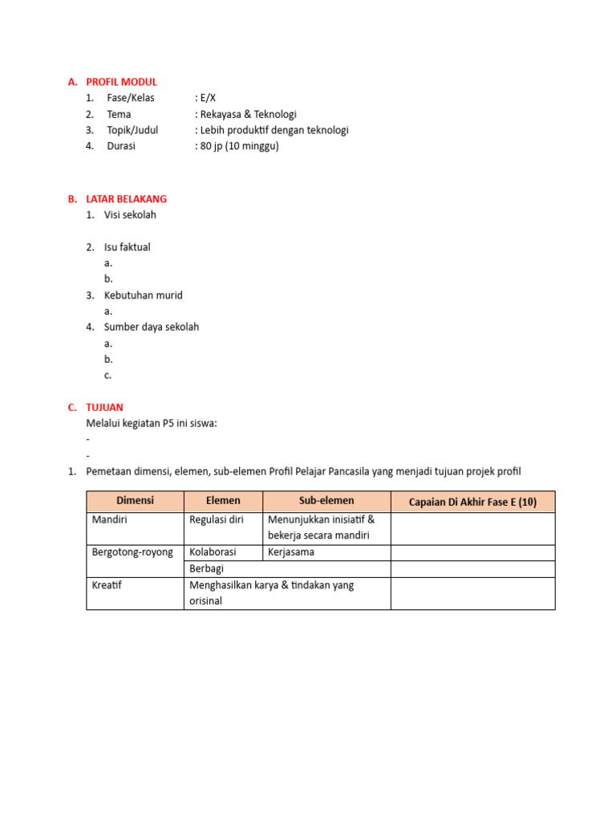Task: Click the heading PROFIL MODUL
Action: coord(121,82)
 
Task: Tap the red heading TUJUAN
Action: coord(104,407)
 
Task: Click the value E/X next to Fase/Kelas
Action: coord(205,98)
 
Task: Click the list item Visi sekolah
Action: coord(130,215)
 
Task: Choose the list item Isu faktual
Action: coord(127,247)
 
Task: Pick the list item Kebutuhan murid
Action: coord(143,295)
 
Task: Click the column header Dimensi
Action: coord(135,501)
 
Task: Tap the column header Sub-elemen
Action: coord(326,501)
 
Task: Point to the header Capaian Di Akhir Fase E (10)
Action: coord(472,503)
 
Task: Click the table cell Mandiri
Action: coord(110,519)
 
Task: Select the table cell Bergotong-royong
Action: coord(132,552)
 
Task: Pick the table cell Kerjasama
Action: coord(291,552)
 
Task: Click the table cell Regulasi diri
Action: coord(217,519)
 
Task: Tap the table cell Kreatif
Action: coord(106,585)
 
